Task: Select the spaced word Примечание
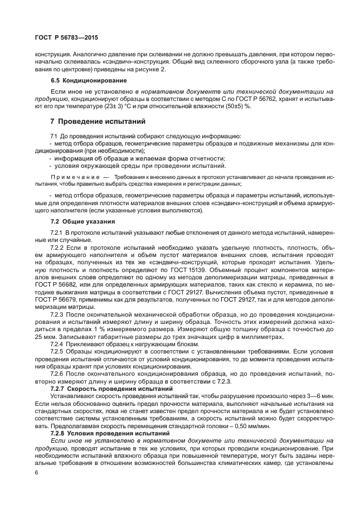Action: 74,176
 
